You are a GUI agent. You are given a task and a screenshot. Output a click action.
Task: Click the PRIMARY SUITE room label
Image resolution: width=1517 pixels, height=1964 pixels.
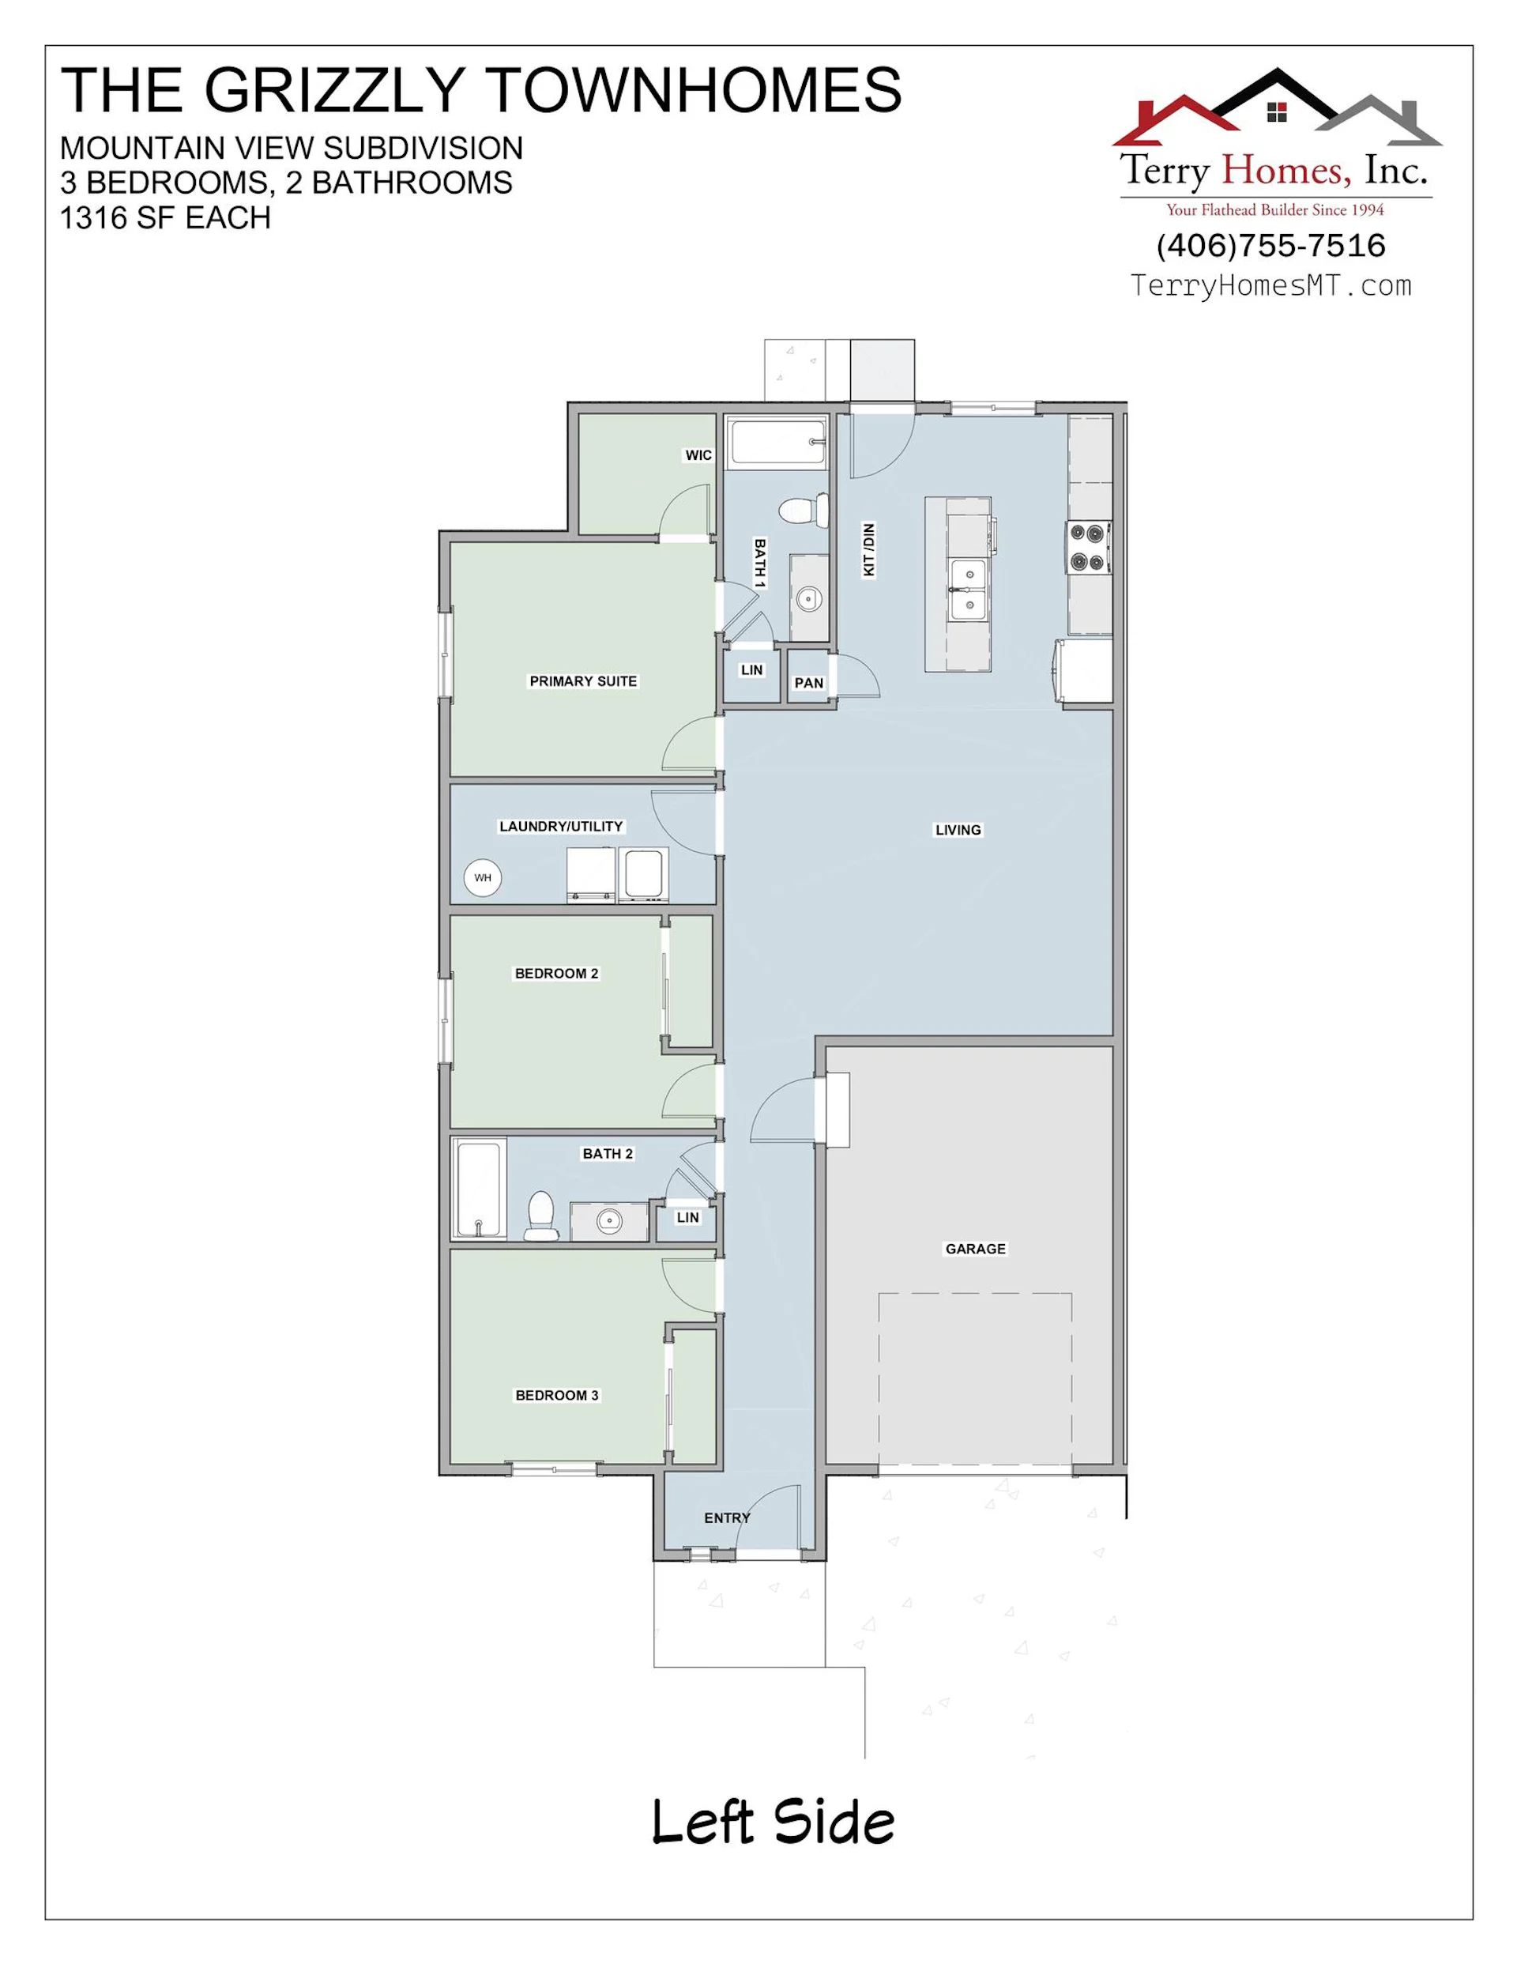582,681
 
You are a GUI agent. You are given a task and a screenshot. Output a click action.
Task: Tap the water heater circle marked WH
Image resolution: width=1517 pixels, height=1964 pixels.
483,878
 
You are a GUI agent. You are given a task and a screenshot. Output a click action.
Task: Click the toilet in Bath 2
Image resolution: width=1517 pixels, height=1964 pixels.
540,1216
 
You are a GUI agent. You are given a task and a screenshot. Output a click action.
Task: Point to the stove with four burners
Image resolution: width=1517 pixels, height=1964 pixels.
1089,548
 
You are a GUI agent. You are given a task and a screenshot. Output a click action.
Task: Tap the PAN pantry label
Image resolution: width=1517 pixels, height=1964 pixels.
808,684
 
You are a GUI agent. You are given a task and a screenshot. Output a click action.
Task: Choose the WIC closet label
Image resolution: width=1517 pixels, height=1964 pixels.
698,456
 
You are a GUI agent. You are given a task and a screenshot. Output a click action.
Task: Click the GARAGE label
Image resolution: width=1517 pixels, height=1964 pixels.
975,1249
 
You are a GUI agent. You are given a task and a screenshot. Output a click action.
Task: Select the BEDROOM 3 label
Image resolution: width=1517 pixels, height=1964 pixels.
556,1396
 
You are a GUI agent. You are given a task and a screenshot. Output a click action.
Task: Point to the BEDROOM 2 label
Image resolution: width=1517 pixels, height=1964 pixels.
555,974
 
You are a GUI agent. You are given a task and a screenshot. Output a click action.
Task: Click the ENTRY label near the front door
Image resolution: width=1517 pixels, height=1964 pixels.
727,1518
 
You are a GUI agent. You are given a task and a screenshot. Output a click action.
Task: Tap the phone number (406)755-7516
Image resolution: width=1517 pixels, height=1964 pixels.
1270,246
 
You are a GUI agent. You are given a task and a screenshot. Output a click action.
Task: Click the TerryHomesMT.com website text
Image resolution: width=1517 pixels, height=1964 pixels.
1270,286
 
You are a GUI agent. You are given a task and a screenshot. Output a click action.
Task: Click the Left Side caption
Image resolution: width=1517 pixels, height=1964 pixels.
773,1823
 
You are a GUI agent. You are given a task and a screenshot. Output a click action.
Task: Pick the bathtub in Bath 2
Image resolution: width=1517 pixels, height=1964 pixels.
478,1189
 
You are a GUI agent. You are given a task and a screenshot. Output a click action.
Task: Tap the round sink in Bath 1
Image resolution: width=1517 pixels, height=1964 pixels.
808,597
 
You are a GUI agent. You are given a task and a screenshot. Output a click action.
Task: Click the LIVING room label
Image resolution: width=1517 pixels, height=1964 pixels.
958,830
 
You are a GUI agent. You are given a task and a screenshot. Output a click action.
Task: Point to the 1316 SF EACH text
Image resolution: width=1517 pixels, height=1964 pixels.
165,218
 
